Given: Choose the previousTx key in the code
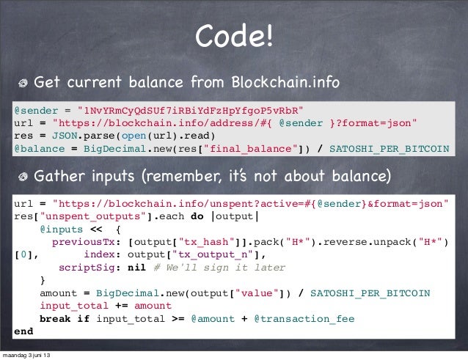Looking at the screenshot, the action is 87,242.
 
